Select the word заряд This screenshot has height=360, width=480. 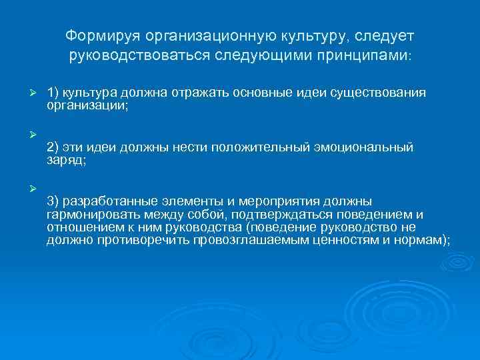tap(65, 159)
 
